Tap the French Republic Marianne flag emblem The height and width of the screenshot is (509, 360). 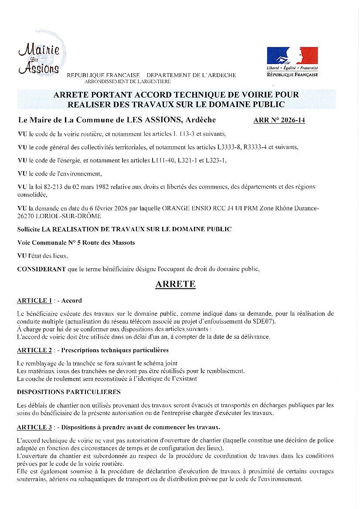click(292, 55)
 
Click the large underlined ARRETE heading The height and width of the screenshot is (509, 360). click(176, 284)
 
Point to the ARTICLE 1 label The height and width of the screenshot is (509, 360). click(34, 300)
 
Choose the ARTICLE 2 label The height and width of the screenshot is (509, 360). click(34, 350)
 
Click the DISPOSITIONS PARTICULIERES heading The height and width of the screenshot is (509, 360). click(69, 392)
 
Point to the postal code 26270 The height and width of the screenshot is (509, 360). click(25, 216)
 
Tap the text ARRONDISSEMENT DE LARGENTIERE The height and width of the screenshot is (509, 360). click(127, 81)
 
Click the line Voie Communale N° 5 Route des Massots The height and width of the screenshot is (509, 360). click(76, 243)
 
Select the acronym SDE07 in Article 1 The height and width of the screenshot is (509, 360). click(265, 321)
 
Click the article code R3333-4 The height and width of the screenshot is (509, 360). click(250, 147)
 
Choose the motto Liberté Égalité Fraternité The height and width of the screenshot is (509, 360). click(292, 68)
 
